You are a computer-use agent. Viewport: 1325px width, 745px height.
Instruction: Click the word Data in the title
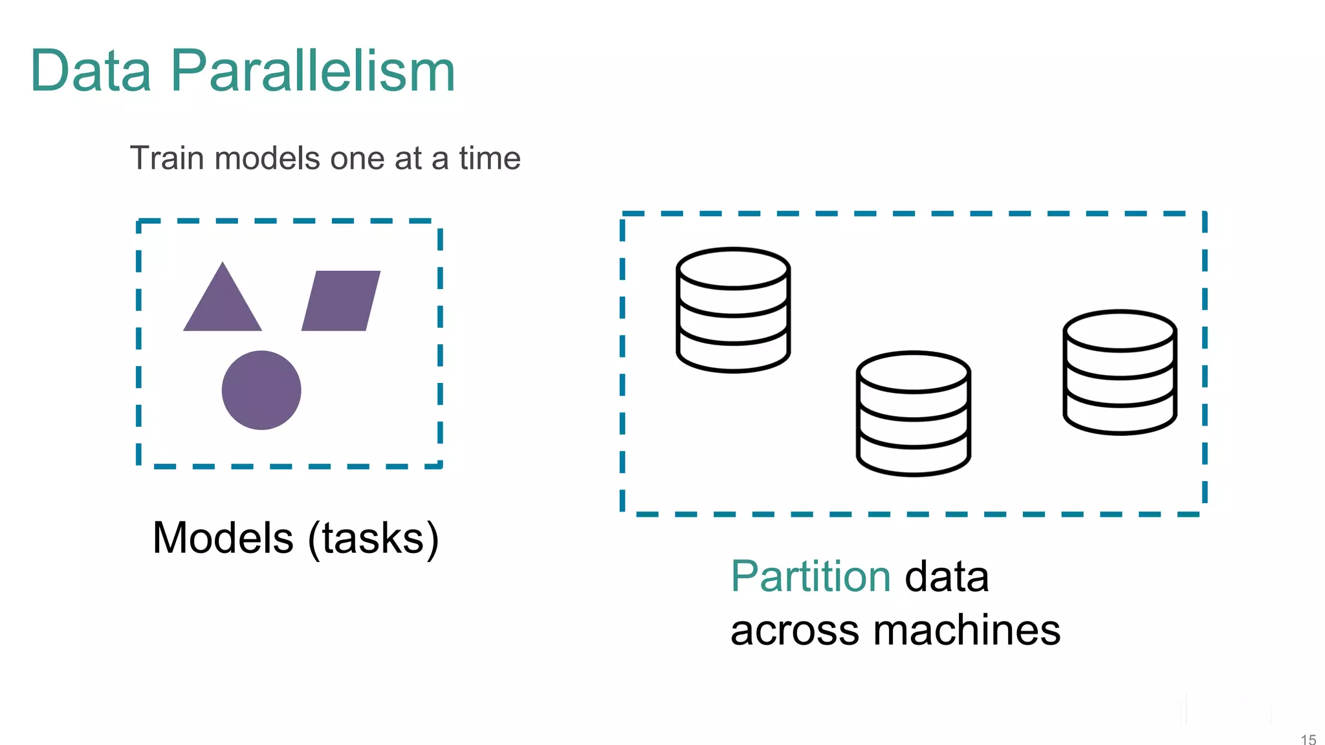(x=91, y=70)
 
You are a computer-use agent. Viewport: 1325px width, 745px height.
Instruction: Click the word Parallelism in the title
(x=313, y=70)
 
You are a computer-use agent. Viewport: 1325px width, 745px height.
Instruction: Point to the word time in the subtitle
(x=490, y=158)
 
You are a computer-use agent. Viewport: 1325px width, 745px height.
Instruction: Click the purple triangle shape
(x=223, y=304)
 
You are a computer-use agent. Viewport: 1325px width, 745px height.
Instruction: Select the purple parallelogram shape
(x=341, y=301)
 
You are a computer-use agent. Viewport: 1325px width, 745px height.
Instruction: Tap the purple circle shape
(x=261, y=390)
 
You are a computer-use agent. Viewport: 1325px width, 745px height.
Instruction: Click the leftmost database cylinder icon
(x=733, y=310)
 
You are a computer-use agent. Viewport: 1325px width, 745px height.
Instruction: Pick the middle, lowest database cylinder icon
(x=914, y=414)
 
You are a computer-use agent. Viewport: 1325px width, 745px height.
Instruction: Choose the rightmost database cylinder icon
(x=1120, y=372)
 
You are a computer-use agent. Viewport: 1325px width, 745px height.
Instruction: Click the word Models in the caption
(x=223, y=538)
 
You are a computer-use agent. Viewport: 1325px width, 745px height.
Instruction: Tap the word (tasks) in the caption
(x=373, y=538)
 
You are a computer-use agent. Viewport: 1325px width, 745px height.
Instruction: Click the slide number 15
(x=1308, y=739)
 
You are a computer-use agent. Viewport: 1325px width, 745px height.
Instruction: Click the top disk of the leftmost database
(x=733, y=268)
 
